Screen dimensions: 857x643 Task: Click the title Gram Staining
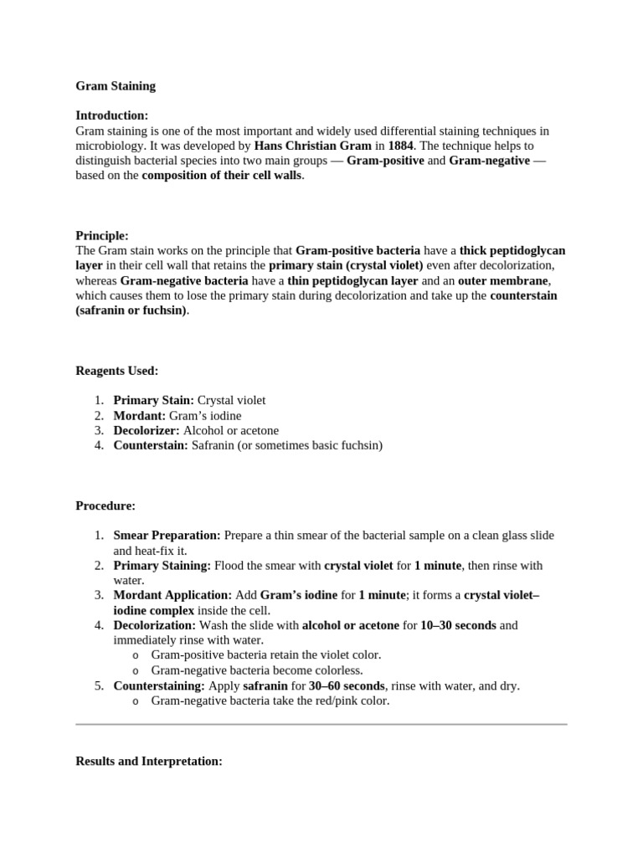[116, 85]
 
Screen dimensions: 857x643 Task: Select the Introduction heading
[112, 115]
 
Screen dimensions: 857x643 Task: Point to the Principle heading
[102, 236]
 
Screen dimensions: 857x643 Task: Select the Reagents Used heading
[116, 371]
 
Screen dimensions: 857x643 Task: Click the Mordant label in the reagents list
[140, 415]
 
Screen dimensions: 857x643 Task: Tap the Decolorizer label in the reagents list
[147, 430]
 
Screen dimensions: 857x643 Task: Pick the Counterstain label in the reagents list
[151, 445]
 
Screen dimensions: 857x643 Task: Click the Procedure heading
[105, 505]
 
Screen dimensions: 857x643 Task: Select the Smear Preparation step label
[167, 536]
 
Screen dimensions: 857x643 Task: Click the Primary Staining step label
[162, 566]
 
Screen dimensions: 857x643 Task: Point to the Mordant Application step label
[172, 596]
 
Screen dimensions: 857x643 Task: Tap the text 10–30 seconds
[458, 625]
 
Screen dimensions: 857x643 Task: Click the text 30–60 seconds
[347, 685]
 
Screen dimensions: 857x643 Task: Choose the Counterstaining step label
[159, 685]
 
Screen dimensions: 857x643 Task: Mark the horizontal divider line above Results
[321, 724]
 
